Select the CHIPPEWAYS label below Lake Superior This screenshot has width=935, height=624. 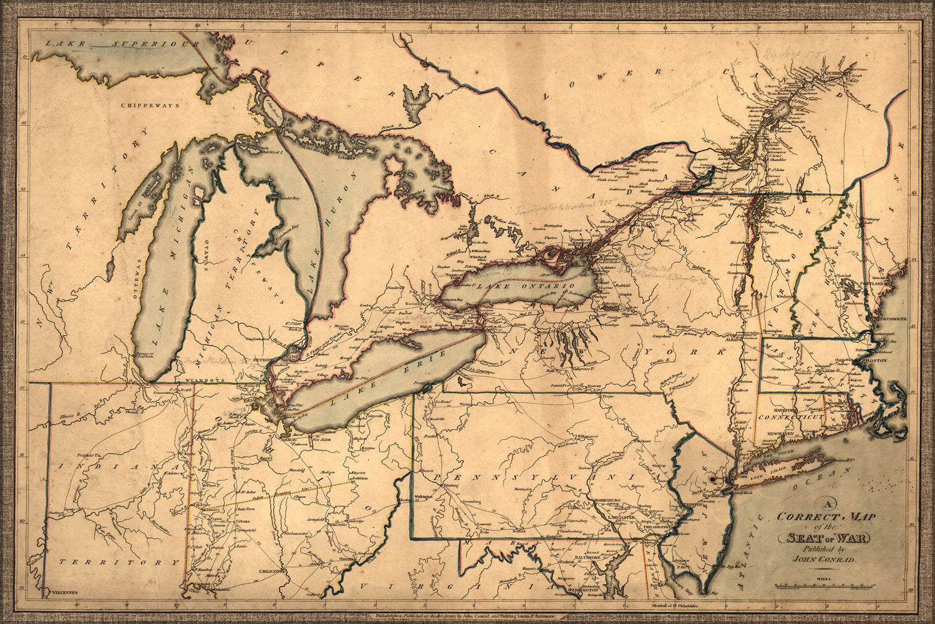pos(142,105)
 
